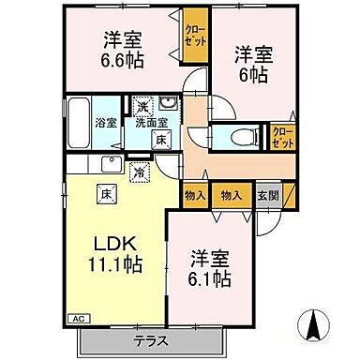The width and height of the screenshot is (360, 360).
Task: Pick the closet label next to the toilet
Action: (280, 138)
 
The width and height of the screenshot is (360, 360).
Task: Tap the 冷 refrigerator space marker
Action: (137, 172)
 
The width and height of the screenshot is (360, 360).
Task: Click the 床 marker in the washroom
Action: (161, 140)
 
